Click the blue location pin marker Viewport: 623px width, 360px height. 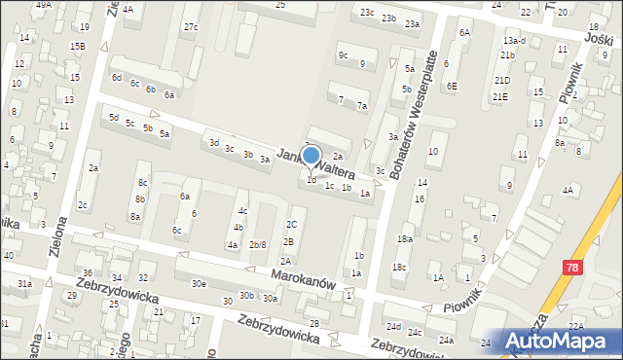pos(311,156)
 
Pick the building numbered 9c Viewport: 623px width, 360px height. pos(343,55)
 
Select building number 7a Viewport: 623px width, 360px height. pos(362,105)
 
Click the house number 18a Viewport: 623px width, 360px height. pos(404,238)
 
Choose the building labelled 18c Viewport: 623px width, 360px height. pos(399,267)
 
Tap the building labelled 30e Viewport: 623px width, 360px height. pos(199,283)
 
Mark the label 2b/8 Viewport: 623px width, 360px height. pos(257,244)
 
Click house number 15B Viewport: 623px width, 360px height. pos(77,46)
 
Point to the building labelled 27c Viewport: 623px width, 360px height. pos(191,26)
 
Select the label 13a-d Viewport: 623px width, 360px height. pos(515,41)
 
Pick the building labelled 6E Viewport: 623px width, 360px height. pos(452,86)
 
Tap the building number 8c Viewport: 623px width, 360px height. pos(142,182)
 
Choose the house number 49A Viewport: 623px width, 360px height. pos(43,5)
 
